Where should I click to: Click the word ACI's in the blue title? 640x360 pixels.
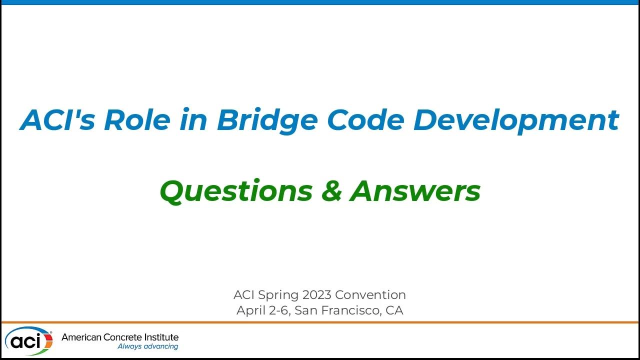coord(57,120)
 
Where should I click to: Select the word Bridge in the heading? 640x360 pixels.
coord(266,120)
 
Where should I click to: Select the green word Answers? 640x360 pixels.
coord(415,191)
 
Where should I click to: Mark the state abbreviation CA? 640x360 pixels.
coord(394,310)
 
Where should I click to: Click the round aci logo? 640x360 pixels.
coord(28,341)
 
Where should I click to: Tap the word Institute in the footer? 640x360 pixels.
coord(160,337)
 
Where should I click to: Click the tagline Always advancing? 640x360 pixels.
coord(147,346)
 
